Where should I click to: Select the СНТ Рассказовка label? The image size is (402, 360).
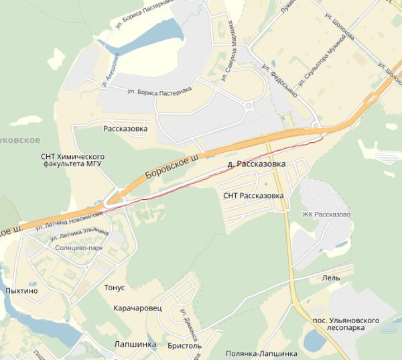coord(253,196)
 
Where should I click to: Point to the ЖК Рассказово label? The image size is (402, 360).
coord(326,215)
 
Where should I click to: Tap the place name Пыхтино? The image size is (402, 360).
coord(20,291)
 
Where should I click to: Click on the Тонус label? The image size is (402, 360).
coord(115,288)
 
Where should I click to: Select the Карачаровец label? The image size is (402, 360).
coord(137,310)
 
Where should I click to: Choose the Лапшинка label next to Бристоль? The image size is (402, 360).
coord(135,344)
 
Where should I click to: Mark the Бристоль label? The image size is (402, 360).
coord(184,346)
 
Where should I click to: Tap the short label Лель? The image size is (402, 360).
coord(331,278)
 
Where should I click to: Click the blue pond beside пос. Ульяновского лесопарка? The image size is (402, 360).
coord(314,340)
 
